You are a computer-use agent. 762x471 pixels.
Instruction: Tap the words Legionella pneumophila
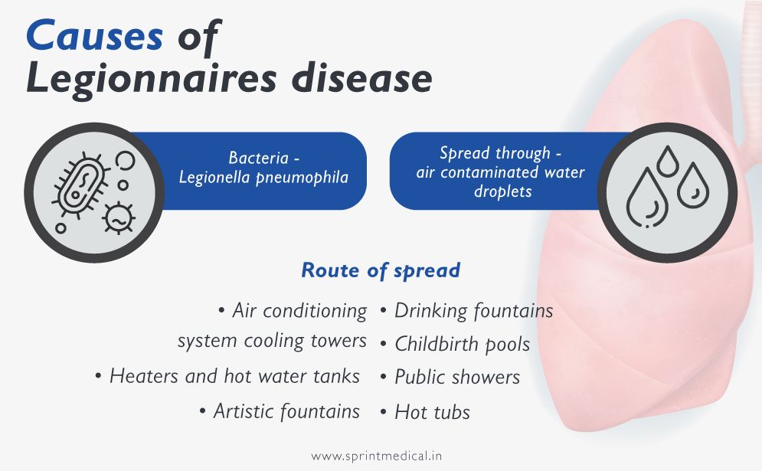(263, 178)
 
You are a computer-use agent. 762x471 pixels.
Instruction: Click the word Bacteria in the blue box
(259, 158)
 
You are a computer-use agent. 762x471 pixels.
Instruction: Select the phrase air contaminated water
(500, 172)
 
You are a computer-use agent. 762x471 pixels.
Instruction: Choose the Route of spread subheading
(381, 270)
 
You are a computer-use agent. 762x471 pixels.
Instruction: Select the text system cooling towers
(272, 341)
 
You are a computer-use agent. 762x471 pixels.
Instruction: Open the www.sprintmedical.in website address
(376, 456)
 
